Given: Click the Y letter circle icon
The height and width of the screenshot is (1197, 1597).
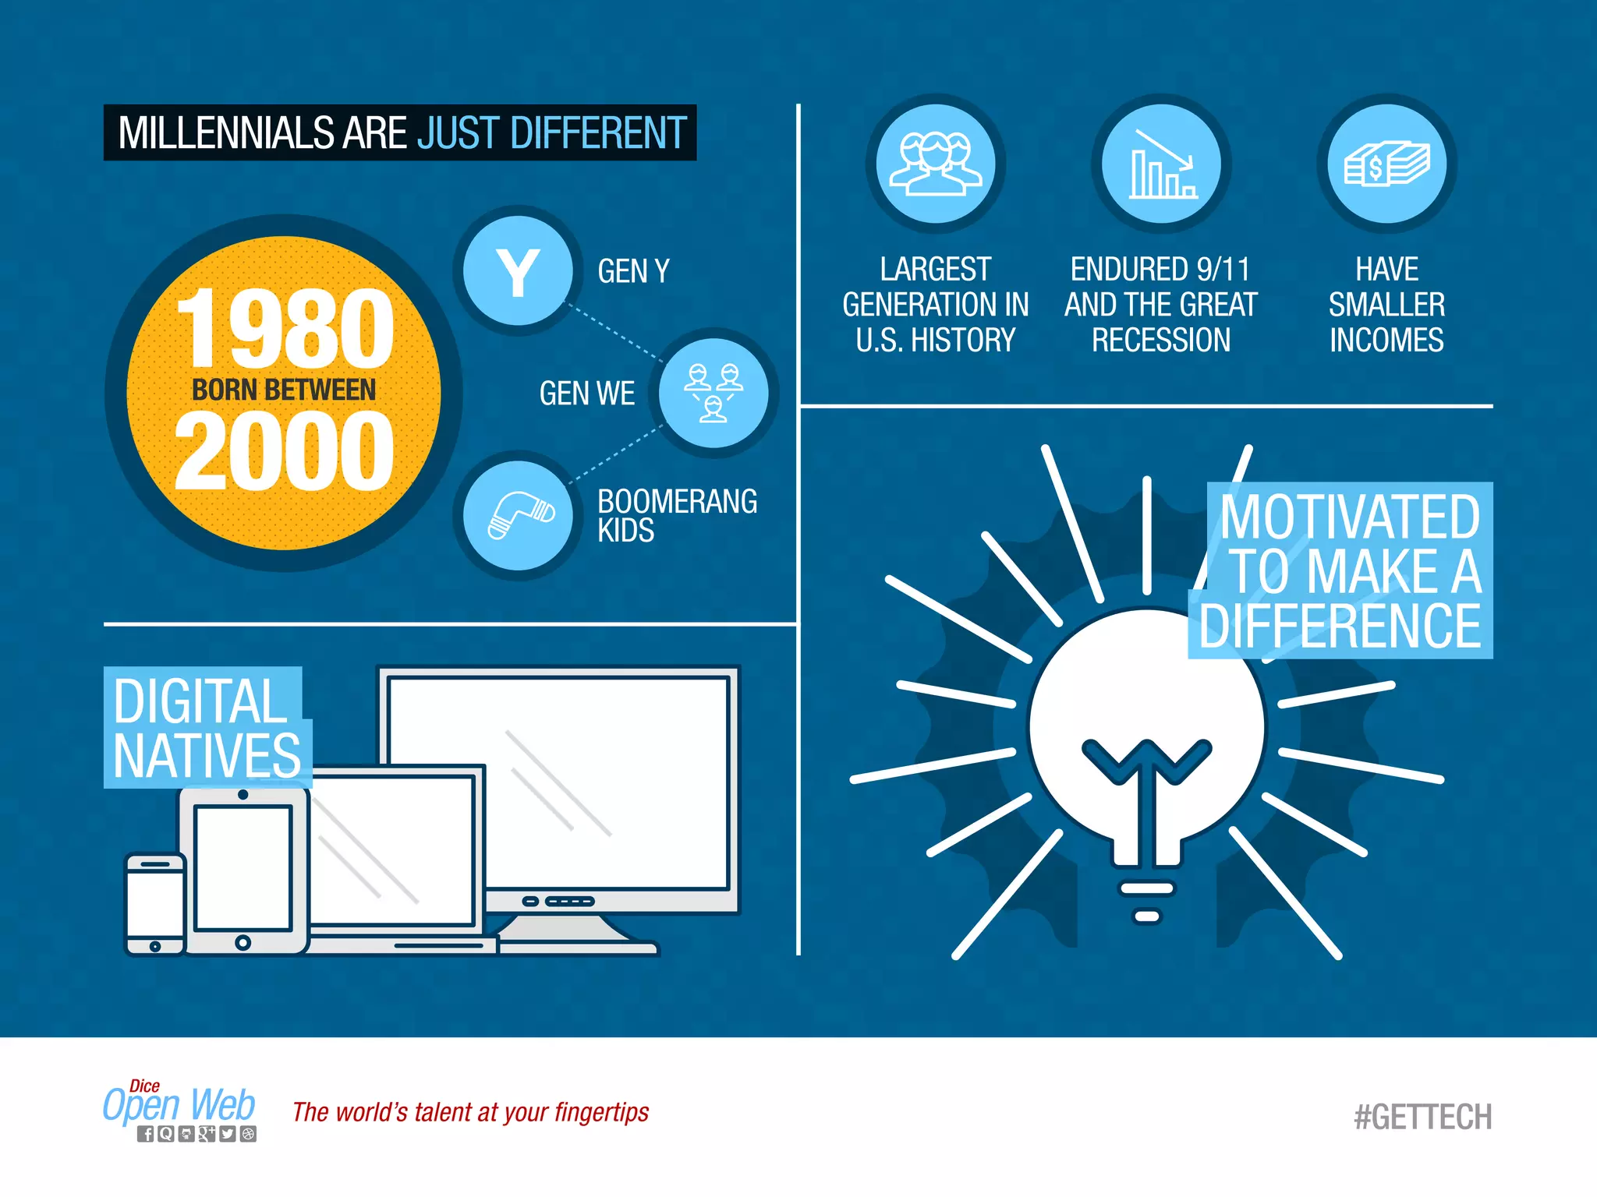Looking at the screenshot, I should pos(518,271).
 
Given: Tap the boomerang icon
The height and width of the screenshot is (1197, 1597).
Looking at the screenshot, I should pos(519,515).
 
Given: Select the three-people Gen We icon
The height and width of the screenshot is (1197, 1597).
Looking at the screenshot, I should pos(714,392).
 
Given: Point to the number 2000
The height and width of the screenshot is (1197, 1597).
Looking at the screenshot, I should pos(285,452).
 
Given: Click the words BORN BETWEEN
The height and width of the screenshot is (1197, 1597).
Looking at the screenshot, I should pos(284,390).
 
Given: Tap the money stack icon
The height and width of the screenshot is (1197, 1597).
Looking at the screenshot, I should pos(1386,164).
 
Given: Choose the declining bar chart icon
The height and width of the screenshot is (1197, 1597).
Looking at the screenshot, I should pos(1161,164).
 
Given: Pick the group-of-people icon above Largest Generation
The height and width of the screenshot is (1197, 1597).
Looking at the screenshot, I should pos(936,164).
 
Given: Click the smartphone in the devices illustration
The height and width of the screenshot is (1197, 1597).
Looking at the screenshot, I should pos(155,904).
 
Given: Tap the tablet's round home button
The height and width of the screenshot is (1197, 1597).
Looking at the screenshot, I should pos(243,943).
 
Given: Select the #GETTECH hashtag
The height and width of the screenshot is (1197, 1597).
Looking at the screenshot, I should pos(1423,1117).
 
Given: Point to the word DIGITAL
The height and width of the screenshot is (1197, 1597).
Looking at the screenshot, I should pos(200,701).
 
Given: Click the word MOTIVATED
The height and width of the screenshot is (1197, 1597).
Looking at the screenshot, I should pos(1350,517).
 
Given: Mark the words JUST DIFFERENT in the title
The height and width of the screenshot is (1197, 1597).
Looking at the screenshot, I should pos(552,132).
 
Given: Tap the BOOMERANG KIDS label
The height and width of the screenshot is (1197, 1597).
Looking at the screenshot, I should pos(677,515).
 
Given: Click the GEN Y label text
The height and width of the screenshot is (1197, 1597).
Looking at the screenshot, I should pos(633,271).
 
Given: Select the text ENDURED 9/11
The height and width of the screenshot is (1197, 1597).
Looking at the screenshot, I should pos(1160,269).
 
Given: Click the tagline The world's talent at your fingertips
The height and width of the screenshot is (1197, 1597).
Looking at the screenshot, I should pos(470,1112).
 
